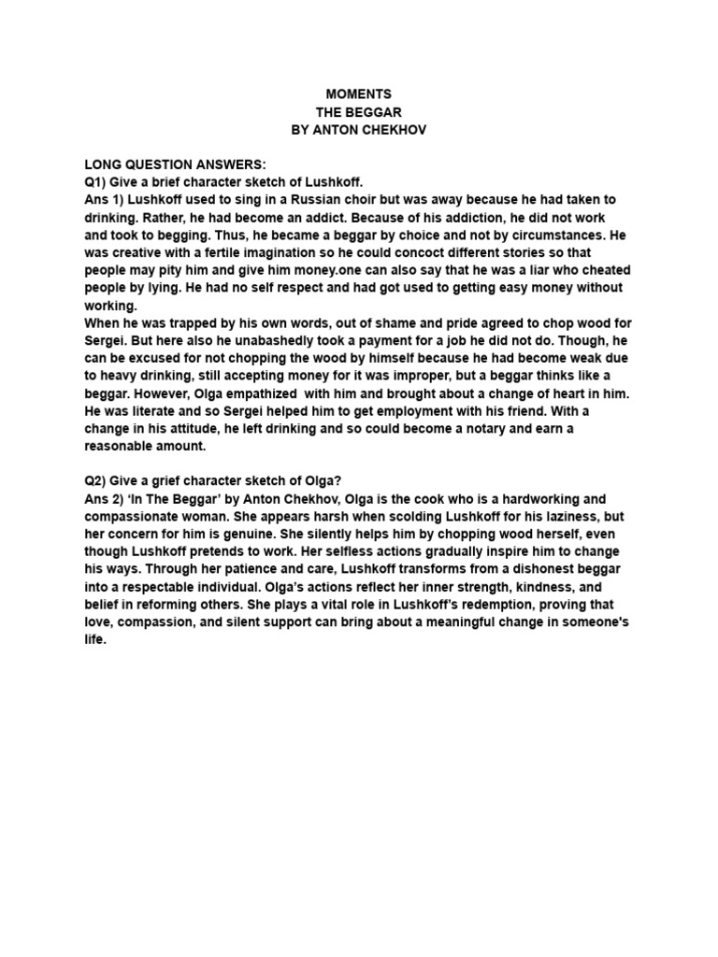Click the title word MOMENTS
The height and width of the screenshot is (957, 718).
[x=358, y=94]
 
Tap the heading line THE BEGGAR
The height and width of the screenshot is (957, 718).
[x=358, y=112]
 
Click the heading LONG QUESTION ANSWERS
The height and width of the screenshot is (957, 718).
[x=175, y=164]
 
